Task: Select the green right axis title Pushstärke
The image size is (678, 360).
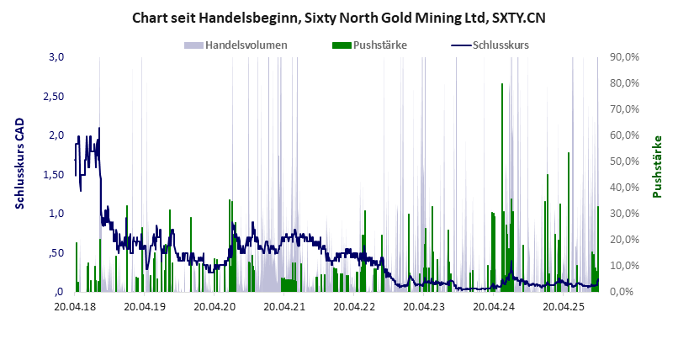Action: (x=657, y=167)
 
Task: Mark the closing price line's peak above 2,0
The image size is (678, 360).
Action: (x=99, y=129)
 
